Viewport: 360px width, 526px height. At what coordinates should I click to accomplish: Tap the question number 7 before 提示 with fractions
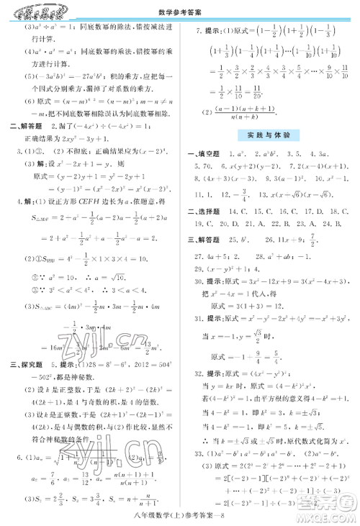click(x=199, y=32)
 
